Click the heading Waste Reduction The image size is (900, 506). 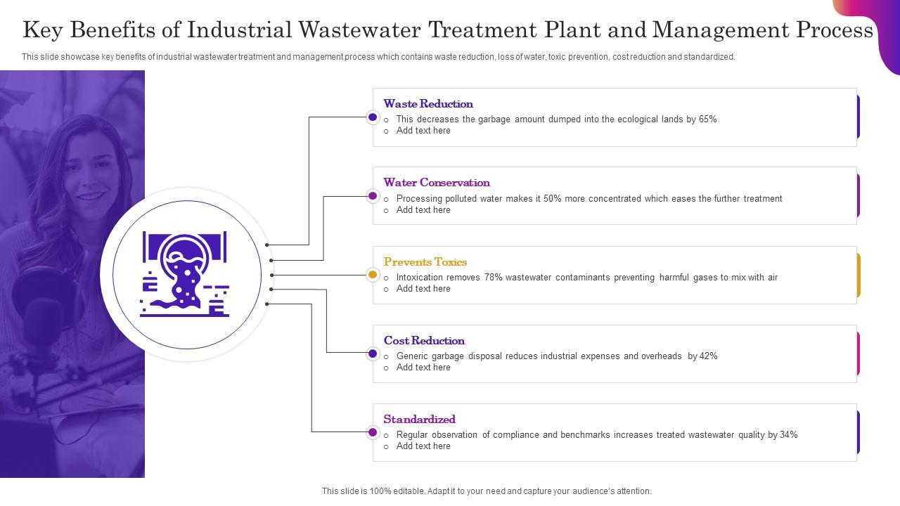pyautogui.click(x=428, y=103)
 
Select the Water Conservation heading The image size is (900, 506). pyautogui.click(x=437, y=182)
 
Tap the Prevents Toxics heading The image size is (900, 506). pyautogui.click(x=425, y=262)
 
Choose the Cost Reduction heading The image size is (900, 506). pyautogui.click(x=424, y=341)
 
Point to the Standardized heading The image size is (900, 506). pyautogui.click(x=420, y=420)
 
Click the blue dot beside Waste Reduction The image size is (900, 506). pyautogui.click(x=373, y=117)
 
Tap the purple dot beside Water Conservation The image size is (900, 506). pyautogui.click(x=373, y=196)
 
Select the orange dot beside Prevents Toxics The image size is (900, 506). pyautogui.click(x=373, y=275)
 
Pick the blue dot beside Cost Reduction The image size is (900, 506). pyautogui.click(x=373, y=353)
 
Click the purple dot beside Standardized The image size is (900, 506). pyautogui.click(x=373, y=432)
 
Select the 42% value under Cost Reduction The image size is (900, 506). pyautogui.click(x=708, y=356)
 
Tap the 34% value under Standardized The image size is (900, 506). pyautogui.click(x=789, y=435)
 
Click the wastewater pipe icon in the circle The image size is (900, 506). pyautogui.click(x=185, y=274)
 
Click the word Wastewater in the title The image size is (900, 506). pyautogui.click(x=359, y=30)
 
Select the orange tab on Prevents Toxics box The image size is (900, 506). pyautogui.click(x=859, y=275)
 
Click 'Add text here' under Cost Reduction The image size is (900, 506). pyautogui.click(x=423, y=368)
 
